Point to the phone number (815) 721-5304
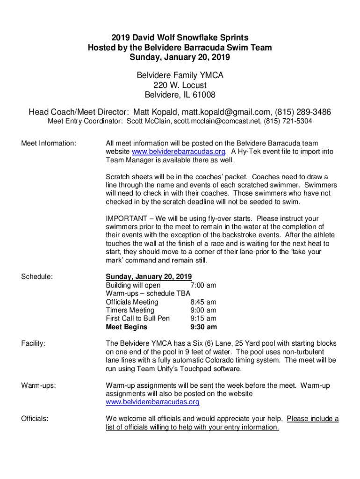288,122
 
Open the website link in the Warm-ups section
152,402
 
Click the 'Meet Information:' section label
49,143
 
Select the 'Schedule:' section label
37,277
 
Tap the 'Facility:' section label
33,344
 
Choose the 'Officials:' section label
35,419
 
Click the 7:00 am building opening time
203,285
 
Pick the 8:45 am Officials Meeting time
203,302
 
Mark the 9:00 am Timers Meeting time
203,310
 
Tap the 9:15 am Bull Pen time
203,319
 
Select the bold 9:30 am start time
203,327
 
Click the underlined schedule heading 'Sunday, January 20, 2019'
149,276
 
